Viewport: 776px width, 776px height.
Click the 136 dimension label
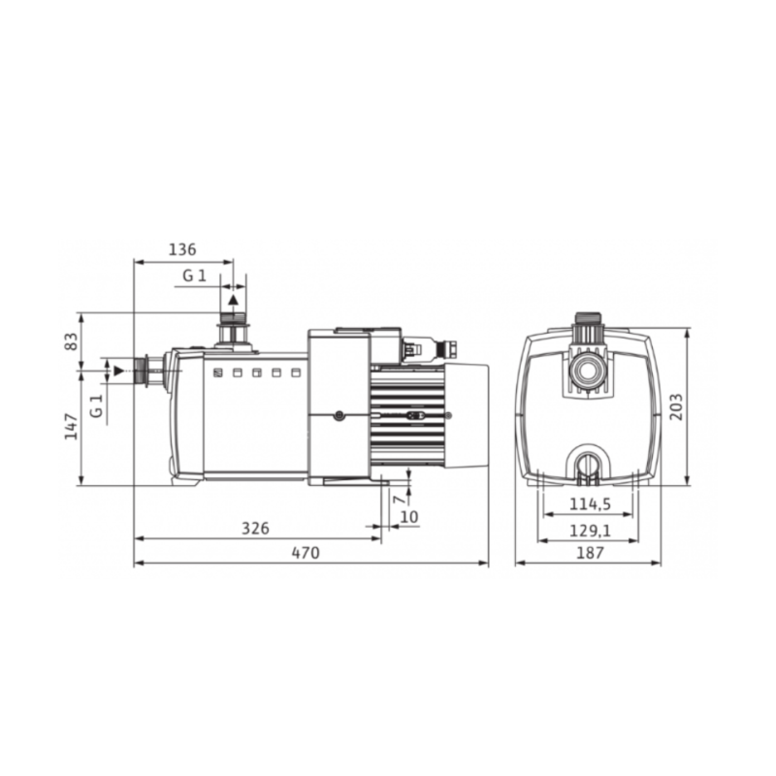pyautogui.click(x=182, y=249)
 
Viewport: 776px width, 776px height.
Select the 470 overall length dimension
pyautogui.click(x=306, y=552)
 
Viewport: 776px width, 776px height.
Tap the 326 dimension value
pyautogui.click(x=255, y=528)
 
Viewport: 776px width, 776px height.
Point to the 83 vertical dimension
pyautogui.click(x=72, y=341)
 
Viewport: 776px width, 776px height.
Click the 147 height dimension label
pyautogui.click(x=72, y=426)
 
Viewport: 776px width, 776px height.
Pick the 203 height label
pyautogui.click(x=676, y=406)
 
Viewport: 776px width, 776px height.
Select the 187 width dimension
pyautogui.click(x=590, y=552)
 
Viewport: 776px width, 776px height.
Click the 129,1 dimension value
pyautogui.click(x=590, y=531)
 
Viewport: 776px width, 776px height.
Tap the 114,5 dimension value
pyautogui.click(x=590, y=503)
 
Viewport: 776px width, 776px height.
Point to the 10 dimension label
pyautogui.click(x=409, y=517)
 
